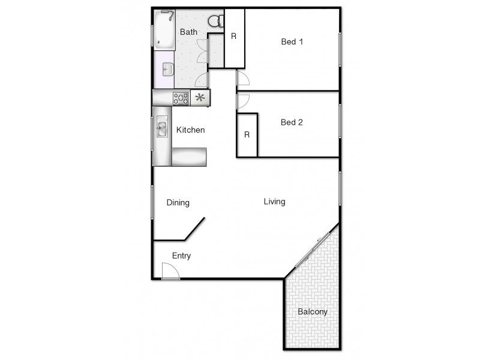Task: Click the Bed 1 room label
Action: (292, 42)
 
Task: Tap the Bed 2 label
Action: (292, 122)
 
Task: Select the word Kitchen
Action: (190, 130)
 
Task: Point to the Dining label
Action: (178, 203)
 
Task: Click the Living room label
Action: (274, 202)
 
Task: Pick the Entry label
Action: (181, 256)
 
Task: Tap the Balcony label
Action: (313, 312)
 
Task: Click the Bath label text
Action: (188, 32)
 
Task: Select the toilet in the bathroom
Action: (215, 22)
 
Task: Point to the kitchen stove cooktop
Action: (181, 98)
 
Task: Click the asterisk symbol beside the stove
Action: (200, 98)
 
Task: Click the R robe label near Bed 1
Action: (234, 36)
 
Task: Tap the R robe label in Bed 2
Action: (247, 134)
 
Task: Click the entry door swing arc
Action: (172, 271)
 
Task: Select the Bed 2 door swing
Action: (244, 101)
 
